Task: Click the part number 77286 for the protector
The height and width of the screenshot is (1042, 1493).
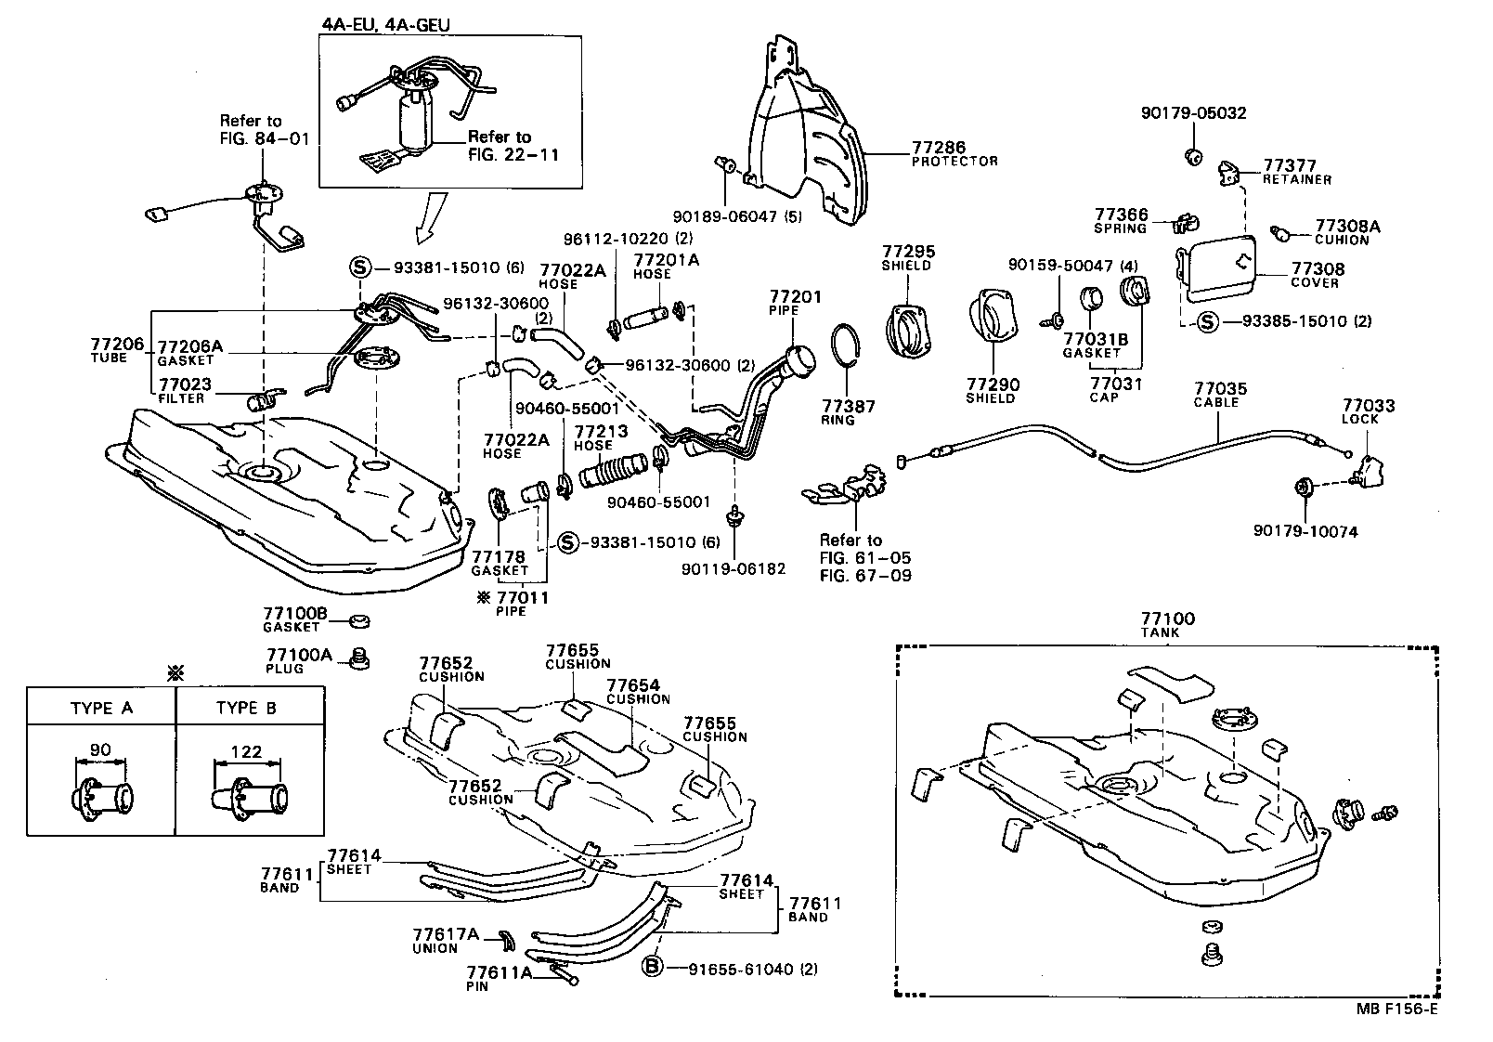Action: pos(938,147)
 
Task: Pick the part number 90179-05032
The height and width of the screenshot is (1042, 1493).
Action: pos(1193,113)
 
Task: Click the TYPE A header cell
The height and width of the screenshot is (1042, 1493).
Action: pos(101,708)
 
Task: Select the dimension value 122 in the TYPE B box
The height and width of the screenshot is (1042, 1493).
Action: pos(246,751)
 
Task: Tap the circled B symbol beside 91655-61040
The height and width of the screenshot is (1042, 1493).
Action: pos(654,969)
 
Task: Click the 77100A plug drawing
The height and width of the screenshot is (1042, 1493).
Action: pos(359,658)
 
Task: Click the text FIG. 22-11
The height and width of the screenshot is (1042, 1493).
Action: pos(513,154)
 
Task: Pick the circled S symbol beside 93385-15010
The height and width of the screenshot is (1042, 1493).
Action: pos(1206,321)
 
